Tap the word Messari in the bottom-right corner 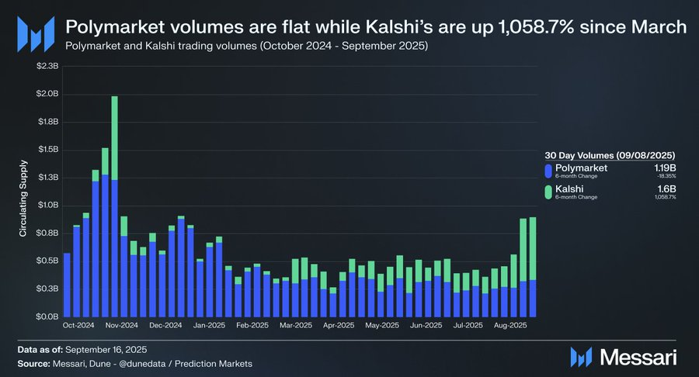pyautogui.click(x=636, y=358)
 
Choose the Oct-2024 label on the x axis pyautogui.click(x=79, y=326)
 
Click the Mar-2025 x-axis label pyautogui.click(x=296, y=326)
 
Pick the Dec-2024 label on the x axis pyautogui.click(x=165, y=326)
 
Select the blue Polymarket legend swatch pyautogui.click(x=548, y=171)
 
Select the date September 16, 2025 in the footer pyautogui.click(x=110, y=350)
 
